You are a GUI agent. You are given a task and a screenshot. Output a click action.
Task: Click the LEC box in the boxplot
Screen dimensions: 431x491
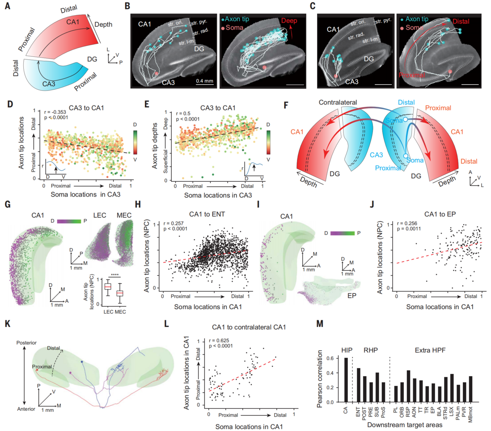107,286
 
